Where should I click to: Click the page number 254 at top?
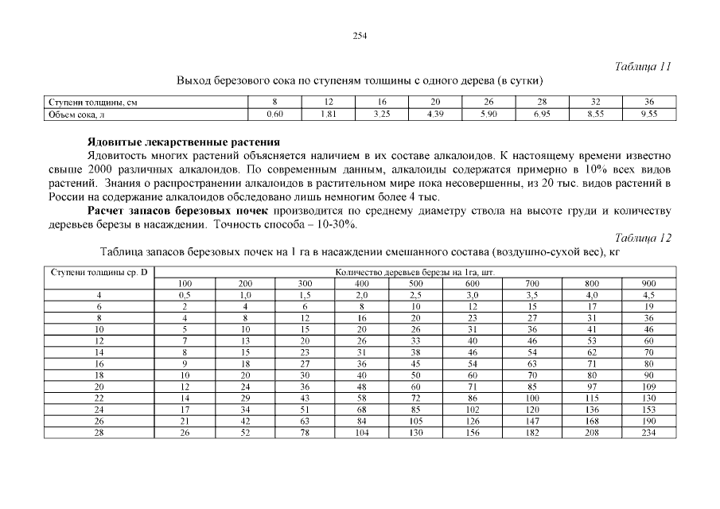(359, 35)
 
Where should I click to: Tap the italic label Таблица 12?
(644, 237)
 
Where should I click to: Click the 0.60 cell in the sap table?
(274, 115)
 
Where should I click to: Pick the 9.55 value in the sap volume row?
(649, 115)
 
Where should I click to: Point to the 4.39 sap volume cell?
(435, 115)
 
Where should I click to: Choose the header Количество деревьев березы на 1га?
(414, 272)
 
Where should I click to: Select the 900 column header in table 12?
(649, 283)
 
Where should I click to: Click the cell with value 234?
(649, 433)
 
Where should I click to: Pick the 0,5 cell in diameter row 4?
(185, 294)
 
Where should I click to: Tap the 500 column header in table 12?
(415, 283)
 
